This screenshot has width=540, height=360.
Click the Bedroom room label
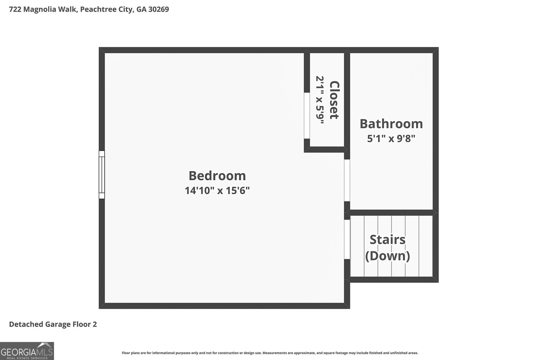[217, 176]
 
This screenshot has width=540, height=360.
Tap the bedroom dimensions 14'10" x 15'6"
[217, 190]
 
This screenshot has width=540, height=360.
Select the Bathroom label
[391, 123]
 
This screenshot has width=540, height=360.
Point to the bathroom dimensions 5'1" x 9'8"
[391, 139]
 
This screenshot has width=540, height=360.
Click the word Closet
[334, 100]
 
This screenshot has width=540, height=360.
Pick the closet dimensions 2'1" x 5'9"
[320, 100]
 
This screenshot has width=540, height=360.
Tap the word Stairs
[387, 240]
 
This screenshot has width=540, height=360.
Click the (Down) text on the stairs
[387, 256]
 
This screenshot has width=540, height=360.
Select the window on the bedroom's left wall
[102, 175]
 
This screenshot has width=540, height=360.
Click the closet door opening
[307, 116]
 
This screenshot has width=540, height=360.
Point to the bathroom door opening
[347, 180]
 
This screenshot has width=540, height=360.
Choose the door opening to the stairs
[347, 239]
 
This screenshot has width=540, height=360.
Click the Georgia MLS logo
[27, 351]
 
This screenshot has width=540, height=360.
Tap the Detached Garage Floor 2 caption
[53, 324]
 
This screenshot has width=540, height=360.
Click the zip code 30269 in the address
[159, 9]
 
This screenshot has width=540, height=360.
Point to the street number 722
[15, 9]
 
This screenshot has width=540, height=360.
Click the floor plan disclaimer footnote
[270, 353]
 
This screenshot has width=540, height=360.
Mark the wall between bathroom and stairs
[391, 213]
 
